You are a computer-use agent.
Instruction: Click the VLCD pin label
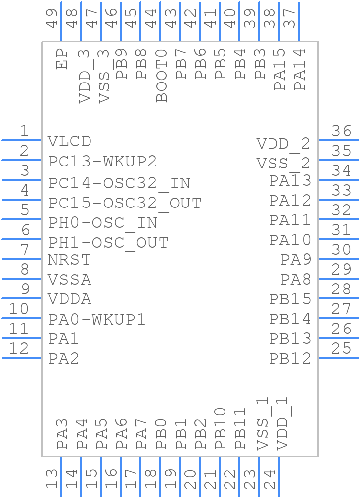70,141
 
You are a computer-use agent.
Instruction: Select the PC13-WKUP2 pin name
102,162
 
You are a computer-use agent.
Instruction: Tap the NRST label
70,260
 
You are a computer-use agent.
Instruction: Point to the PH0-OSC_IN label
103,223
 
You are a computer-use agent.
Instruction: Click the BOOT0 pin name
162,76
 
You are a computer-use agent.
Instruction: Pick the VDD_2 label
283,144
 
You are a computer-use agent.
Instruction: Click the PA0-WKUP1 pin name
97,320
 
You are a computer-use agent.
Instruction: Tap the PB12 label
290,358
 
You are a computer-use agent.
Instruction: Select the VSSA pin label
70,280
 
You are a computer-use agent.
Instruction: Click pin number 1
24,131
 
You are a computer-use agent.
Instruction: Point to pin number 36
341,131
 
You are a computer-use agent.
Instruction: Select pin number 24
269,480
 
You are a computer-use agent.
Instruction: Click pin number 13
52,480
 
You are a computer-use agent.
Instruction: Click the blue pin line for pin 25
339,358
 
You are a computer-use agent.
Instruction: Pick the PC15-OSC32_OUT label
125,203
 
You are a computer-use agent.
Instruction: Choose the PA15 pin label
280,69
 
